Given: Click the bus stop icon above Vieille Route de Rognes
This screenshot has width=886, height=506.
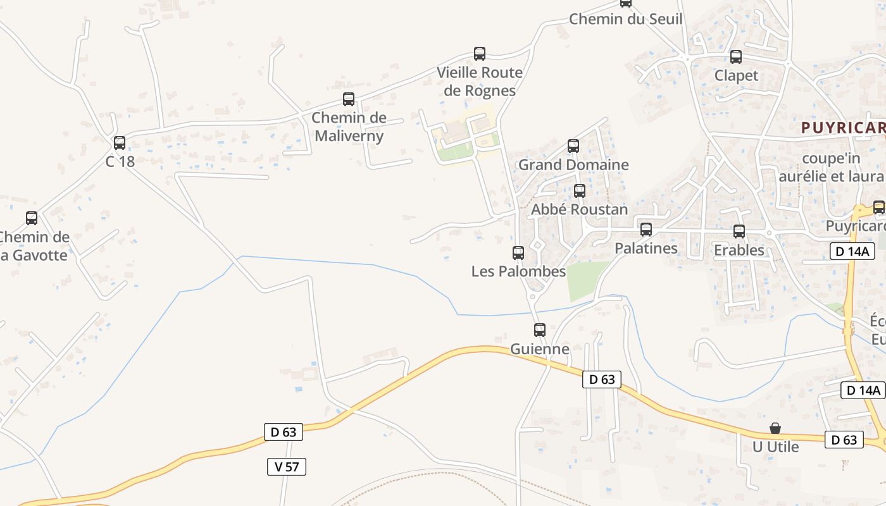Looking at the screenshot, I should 480,54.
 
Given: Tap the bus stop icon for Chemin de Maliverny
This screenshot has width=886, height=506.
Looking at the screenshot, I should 349,99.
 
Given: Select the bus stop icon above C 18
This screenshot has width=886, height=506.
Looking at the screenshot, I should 120,143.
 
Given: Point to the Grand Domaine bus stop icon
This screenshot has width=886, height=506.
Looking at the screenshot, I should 573,146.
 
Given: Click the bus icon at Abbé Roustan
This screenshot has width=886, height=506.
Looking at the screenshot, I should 580,191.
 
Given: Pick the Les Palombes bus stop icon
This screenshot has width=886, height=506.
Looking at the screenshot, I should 518,253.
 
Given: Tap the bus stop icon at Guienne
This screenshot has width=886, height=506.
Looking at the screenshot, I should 540,330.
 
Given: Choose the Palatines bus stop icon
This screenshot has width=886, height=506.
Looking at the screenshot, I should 646,230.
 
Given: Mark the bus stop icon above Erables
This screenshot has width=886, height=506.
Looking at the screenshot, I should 739,231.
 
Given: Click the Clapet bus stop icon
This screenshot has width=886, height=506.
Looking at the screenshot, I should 736,57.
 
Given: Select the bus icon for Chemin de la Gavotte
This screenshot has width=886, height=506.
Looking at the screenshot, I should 32,219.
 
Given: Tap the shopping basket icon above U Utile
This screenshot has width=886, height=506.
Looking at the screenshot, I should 775,428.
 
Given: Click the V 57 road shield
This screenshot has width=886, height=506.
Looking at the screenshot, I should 287,467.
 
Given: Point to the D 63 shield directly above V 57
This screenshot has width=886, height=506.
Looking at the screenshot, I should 284,432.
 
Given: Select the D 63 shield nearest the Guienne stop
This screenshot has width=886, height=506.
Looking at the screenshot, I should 602,379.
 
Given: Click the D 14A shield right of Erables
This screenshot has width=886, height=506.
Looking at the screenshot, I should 852,251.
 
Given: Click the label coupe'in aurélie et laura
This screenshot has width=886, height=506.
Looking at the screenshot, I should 830,167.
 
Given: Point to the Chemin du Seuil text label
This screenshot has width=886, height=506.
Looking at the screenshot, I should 625,19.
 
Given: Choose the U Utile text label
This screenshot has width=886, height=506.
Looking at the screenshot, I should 775,447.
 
